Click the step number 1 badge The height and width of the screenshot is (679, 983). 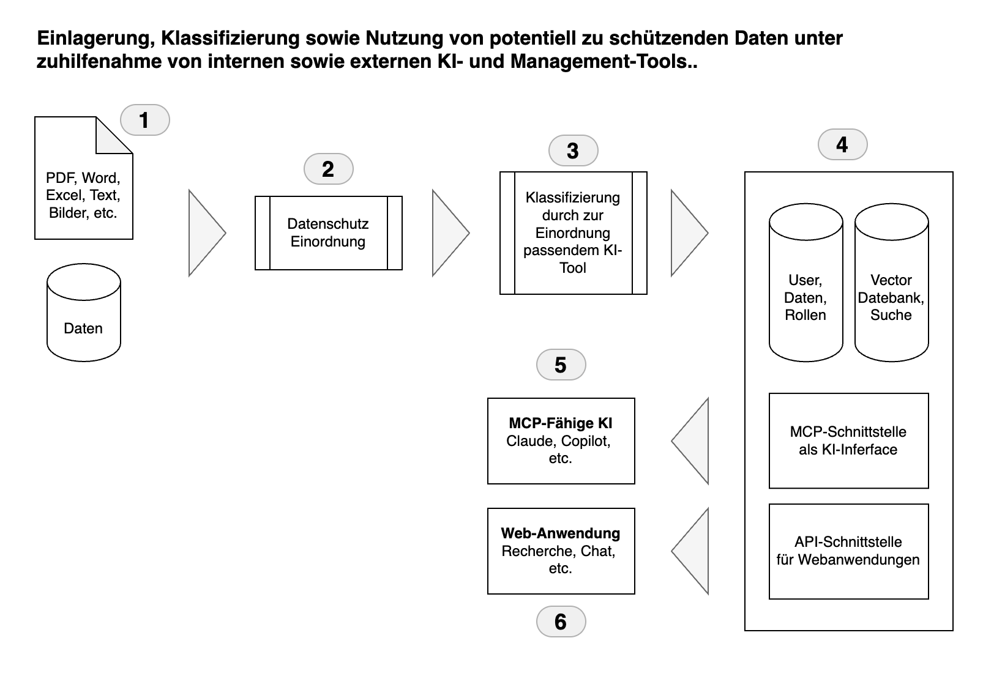(144, 120)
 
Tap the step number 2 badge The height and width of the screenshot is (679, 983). (328, 169)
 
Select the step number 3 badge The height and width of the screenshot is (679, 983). (573, 150)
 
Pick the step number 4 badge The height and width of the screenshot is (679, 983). (842, 144)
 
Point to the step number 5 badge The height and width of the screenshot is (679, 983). (561, 365)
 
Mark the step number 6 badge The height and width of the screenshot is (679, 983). (561, 621)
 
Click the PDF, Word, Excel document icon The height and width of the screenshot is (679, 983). (83, 184)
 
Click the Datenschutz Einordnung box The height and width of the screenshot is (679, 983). (328, 233)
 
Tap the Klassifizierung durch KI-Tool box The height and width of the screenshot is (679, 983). (573, 233)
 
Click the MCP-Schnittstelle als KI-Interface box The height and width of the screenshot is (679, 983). (848, 440)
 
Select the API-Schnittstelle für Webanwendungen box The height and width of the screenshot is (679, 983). (848, 551)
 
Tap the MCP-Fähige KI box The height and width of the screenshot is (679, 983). (561, 440)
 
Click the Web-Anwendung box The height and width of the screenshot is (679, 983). (561, 551)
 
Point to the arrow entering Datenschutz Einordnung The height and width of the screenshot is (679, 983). (204, 233)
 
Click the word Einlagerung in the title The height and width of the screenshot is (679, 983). (92, 38)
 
